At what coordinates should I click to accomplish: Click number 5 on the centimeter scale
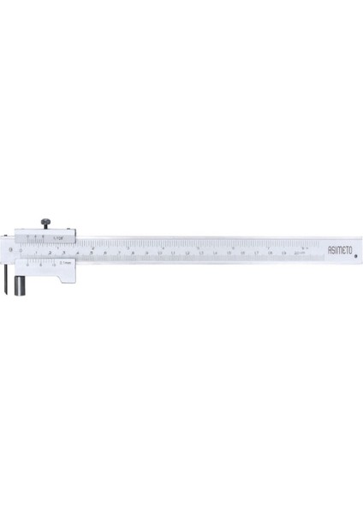pos(91,254)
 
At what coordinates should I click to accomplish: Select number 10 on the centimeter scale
pos(160,254)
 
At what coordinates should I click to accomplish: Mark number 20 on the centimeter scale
pos(298,254)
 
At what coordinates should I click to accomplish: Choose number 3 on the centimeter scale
pos(63,254)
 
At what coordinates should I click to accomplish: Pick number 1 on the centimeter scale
pos(36,254)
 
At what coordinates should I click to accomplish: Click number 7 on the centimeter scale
pos(118,254)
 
